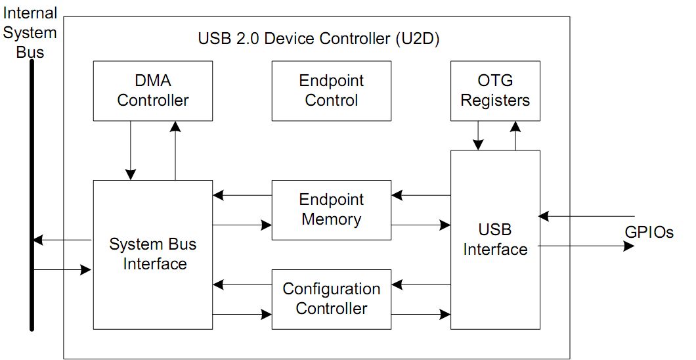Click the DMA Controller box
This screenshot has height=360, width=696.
click(152, 91)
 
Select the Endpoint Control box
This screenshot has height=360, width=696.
click(332, 91)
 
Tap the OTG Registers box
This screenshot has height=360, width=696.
click(495, 91)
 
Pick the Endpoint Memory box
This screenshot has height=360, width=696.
click(332, 210)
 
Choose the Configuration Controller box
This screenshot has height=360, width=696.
click(332, 299)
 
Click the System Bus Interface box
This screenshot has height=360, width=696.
click(152, 254)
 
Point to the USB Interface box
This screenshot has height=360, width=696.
click(495, 240)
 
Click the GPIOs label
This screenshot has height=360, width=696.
click(649, 232)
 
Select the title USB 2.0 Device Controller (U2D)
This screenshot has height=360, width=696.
click(318, 39)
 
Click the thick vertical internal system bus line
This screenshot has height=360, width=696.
click(31, 197)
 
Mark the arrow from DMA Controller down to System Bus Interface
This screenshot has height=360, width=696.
click(131, 150)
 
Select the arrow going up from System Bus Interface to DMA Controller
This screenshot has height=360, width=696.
click(175, 150)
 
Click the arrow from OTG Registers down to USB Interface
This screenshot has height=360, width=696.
click(479, 135)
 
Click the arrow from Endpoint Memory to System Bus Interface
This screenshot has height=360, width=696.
click(242, 195)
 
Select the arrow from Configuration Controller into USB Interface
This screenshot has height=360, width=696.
click(421, 315)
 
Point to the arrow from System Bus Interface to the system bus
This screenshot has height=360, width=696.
click(62, 240)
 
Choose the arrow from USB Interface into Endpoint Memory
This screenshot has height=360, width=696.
click(421, 195)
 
